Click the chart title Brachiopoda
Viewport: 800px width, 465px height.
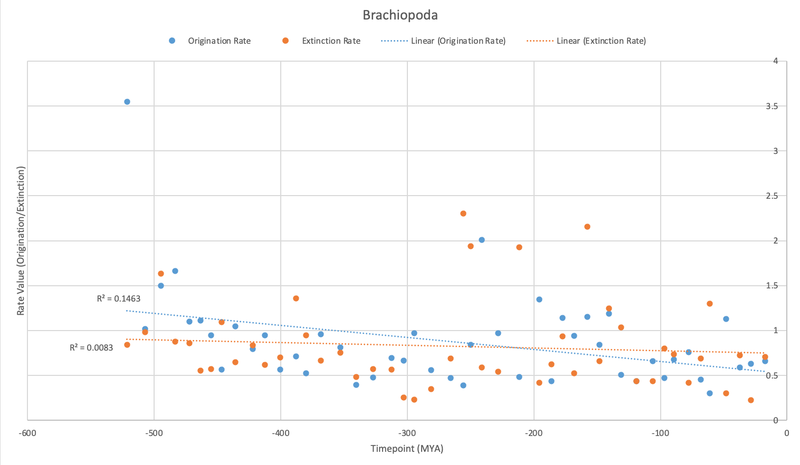(400, 15)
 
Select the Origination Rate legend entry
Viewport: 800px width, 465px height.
(219, 41)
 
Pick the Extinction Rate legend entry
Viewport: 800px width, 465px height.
(331, 41)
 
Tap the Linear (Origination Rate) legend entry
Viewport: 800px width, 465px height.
(458, 41)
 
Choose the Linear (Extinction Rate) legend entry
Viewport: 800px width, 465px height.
(601, 41)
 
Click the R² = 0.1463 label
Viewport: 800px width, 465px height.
(119, 299)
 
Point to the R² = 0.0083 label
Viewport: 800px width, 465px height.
(91, 348)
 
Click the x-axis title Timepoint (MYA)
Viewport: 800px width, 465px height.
(407, 449)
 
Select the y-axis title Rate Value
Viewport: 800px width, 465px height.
(21, 241)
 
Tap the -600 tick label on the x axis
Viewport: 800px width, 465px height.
(27, 433)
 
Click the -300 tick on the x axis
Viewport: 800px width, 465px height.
(407, 433)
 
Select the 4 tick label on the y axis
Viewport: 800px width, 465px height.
(775, 61)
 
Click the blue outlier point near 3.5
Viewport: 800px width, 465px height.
(127, 102)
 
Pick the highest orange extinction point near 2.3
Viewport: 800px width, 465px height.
(463, 214)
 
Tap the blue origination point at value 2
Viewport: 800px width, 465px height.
(482, 240)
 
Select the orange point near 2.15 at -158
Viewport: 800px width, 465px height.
(587, 227)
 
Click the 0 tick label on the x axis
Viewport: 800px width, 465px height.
(786, 433)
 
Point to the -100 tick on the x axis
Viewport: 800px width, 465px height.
(660, 433)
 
